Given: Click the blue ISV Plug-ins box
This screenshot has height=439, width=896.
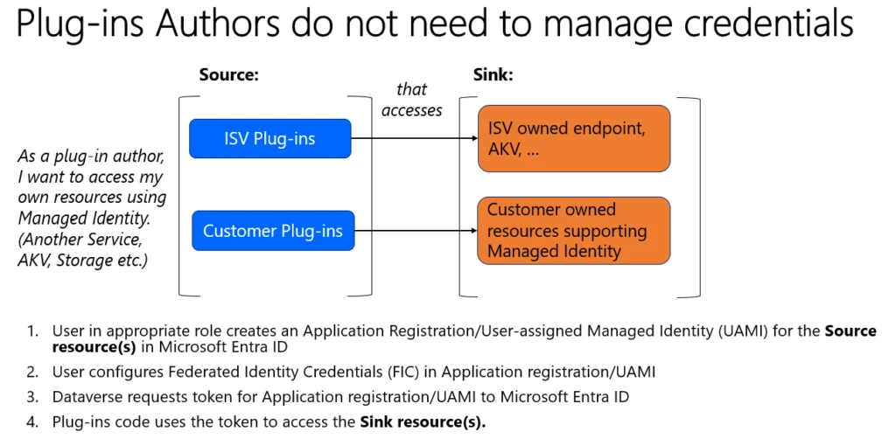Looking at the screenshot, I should click(269, 138).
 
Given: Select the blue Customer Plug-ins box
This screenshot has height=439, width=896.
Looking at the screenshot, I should click(273, 231).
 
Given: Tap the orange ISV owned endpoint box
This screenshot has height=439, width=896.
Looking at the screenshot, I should click(573, 138).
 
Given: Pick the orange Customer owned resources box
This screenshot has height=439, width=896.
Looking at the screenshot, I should click(573, 231).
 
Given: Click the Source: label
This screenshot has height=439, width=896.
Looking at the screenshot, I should click(229, 75).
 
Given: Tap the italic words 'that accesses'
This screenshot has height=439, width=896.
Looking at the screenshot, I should click(412, 100).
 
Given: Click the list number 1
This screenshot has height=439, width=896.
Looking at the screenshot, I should click(33, 331).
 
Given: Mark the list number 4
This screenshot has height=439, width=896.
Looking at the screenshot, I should click(33, 421).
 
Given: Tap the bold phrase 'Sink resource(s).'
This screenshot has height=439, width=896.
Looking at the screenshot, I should click(423, 421).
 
